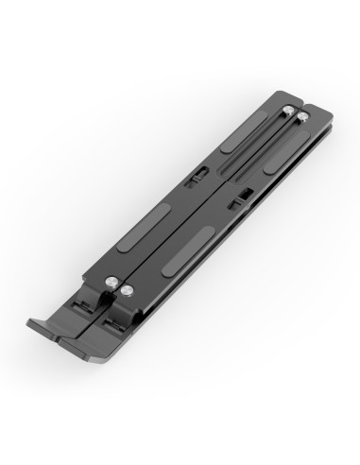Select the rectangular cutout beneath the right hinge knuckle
tap(111, 321)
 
